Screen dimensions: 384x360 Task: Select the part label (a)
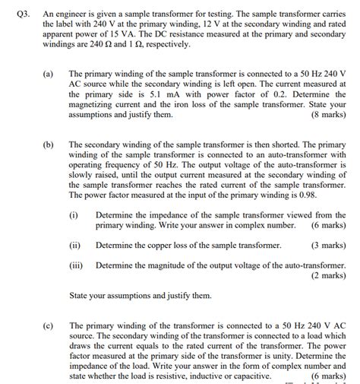point(48,75)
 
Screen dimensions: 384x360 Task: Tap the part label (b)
point(48,143)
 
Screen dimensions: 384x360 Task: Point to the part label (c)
point(48,325)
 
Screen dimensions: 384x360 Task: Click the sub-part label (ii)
point(75,245)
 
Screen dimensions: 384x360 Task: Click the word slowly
point(83,175)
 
